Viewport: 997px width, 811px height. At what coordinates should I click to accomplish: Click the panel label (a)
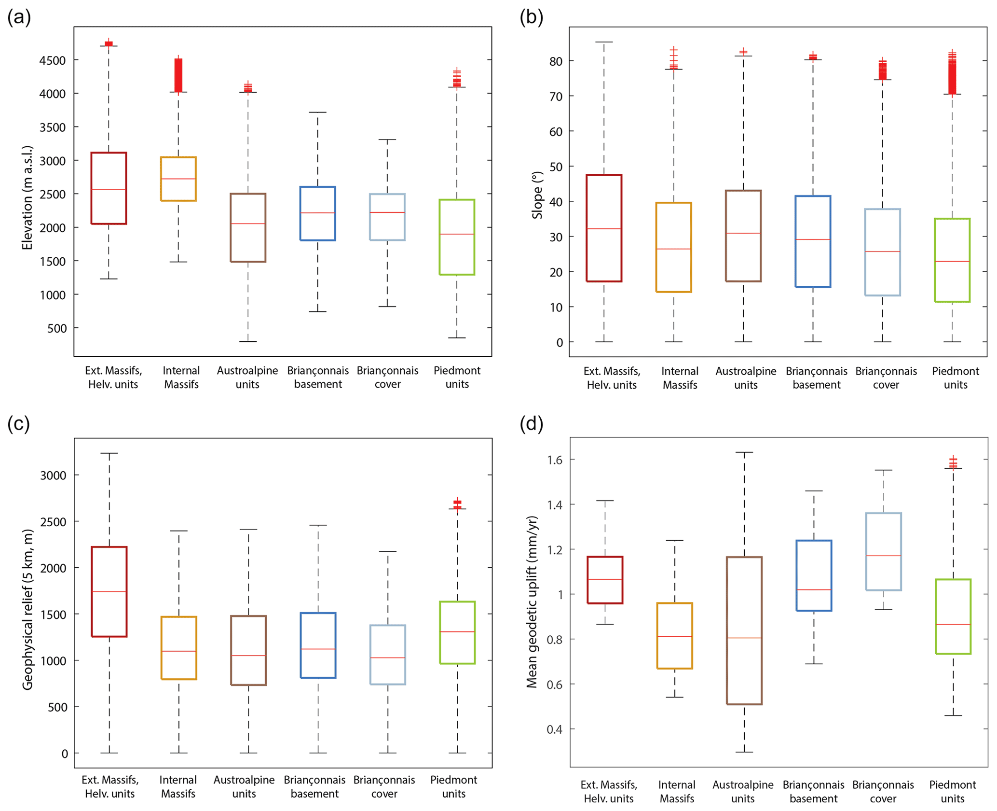click(x=19, y=17)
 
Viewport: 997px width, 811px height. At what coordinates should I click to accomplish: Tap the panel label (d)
click(x=532, y=424)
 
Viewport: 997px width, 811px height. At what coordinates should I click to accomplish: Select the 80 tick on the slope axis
click(x=556, y=61)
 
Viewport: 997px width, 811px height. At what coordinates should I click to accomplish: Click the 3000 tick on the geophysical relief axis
click(x=53, y=475)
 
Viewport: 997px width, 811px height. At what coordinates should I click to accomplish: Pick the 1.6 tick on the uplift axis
click(x=554, y=460)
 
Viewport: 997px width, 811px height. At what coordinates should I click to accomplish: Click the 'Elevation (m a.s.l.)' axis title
click(x=27, y=198)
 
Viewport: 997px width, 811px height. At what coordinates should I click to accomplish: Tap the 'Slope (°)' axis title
click(x=537, y=195)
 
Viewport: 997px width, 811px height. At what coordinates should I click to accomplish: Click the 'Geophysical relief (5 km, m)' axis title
click(x=28, y=609)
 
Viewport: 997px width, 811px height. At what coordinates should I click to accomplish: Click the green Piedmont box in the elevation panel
click(x=457, y=237)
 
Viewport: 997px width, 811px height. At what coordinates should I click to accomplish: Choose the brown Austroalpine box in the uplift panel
click(x=744, y=630)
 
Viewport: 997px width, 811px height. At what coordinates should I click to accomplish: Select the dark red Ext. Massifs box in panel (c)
click(x=109, y=591)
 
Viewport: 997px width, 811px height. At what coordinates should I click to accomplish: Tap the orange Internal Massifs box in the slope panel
click(x=674, y=247)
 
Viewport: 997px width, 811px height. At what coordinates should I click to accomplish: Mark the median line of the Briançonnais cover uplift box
click(x=884, y=556)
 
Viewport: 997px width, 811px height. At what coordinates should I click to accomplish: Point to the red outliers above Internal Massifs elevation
click(x=178, y=75)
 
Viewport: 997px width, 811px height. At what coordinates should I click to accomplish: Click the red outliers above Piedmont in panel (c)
click(x=457, y=503)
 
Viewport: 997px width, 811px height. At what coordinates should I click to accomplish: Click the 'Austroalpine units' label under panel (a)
click(x=247, y=378)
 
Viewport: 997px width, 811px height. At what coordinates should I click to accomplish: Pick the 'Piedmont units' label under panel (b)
click(x=955, y=378)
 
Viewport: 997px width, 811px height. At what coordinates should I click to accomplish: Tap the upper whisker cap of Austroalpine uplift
click(x=744, y=452)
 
